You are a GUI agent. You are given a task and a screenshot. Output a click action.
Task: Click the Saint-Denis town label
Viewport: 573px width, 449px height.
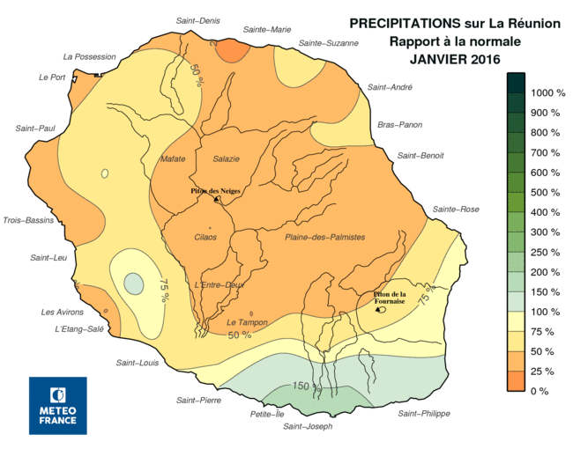click(197, 20)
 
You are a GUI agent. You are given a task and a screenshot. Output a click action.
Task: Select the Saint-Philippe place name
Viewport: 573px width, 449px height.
click(424, 413)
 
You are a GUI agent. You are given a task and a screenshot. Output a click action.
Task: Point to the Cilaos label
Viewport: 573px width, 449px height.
click(205, 237)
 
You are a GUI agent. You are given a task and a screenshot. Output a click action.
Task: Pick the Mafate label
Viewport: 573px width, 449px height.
click(173, 158)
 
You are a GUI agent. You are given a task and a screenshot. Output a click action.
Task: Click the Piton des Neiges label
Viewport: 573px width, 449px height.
click(216, 191)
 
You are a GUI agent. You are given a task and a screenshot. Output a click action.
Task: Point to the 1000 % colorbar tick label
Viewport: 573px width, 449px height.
click(547, 92)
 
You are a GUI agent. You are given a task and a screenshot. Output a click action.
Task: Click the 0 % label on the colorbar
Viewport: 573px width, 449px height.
click(540, 391)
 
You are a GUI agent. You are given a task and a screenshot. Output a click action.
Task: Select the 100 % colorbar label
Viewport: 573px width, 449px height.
click(543, 312)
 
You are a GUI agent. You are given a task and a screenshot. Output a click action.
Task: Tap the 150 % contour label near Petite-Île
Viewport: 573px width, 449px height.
click(302, 386)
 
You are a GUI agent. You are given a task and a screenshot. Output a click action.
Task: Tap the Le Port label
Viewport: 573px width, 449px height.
click(52, 77)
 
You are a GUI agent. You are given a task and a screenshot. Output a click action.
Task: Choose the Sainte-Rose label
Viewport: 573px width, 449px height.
click(455, 209)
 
